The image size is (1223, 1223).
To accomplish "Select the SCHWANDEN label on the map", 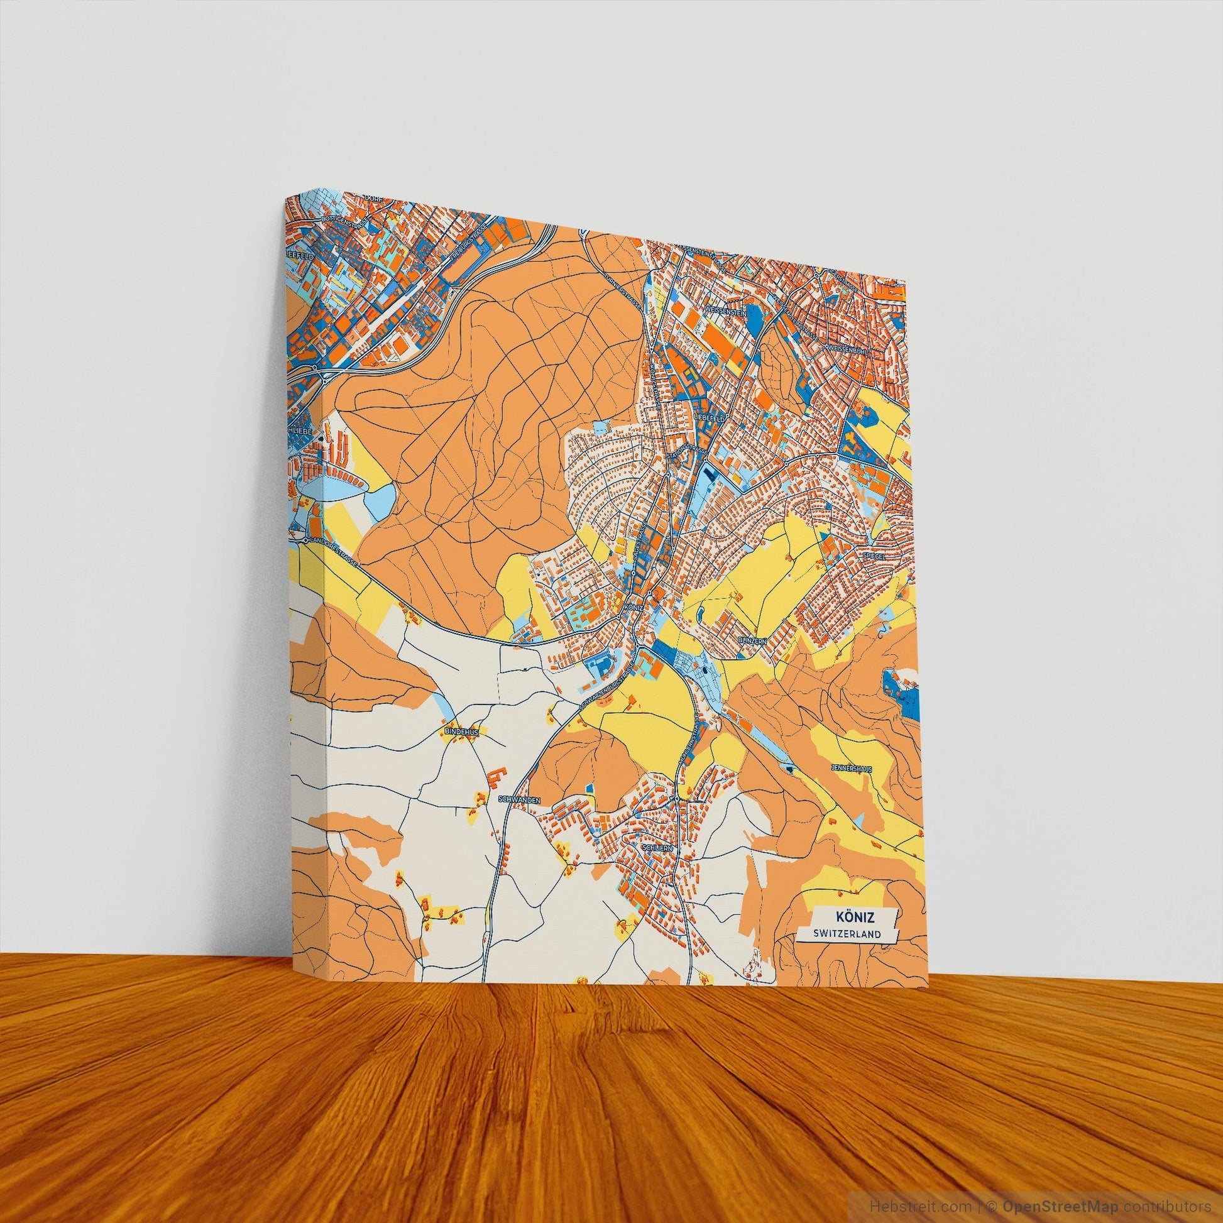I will click(x=519, y=801).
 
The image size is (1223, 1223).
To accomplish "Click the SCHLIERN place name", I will click(x=655, y=847).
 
